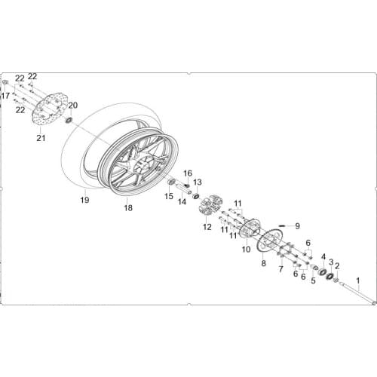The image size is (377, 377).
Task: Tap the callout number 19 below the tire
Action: point(85,201)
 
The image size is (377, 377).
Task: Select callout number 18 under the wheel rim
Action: point(127,207)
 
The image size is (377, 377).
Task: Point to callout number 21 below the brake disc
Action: point(41,138)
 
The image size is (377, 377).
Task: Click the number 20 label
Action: point(73,105)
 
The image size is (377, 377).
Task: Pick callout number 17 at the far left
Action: point(6,96)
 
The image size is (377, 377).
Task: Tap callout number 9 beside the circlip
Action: point(297,225)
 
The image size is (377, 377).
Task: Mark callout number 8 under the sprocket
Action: point(263,263)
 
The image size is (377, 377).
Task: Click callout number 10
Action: point(245,250)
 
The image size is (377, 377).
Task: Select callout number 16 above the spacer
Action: point(188,173)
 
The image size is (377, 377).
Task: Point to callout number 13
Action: point(198,182)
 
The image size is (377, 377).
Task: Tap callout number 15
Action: point(169,196)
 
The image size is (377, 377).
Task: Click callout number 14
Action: point(182,201)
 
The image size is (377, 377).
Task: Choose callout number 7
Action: point(280,268)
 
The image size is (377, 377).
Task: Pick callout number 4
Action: point(323,257)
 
